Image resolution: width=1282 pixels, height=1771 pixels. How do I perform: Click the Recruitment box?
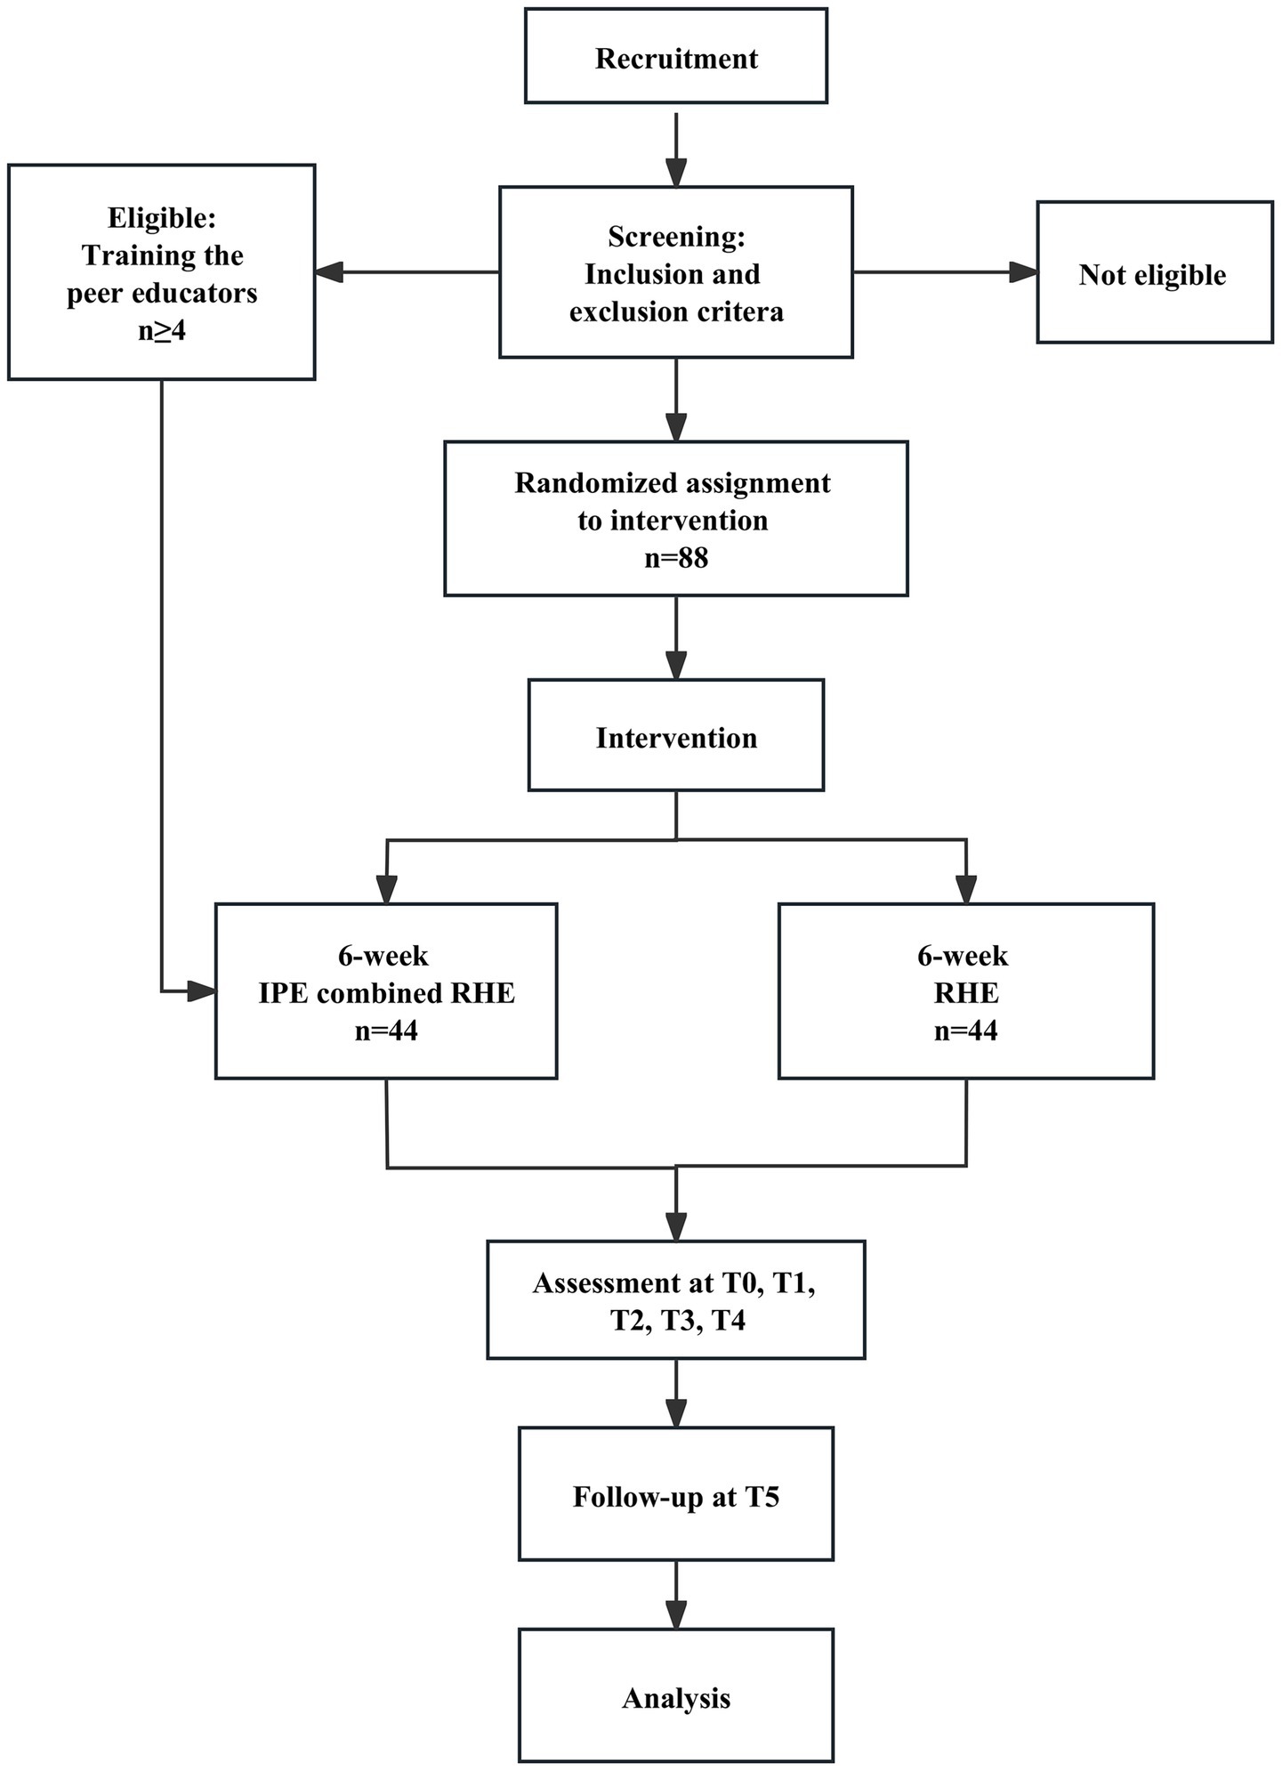coord(676,57)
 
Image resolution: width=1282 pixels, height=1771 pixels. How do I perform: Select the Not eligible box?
coord(1154,272)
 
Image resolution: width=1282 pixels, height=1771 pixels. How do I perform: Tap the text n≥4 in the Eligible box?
coord(162,331)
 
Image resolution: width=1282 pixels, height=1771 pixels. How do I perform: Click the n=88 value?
coord(676,558)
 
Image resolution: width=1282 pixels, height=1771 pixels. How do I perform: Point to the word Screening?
coord(676,237)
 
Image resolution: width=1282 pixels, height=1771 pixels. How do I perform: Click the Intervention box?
coord(676,735)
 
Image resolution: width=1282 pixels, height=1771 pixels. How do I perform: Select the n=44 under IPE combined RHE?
coord(386,1031)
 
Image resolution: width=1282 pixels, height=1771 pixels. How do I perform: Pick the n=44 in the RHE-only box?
coord(966,1031)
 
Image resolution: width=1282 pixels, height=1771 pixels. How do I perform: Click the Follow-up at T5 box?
coord(676,1496)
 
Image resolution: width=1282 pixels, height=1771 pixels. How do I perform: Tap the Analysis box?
coord(676,1698)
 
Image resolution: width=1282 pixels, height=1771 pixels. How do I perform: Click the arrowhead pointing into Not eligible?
coord(1024,272)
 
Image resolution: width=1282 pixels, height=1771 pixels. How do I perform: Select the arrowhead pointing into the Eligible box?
coord(329,272)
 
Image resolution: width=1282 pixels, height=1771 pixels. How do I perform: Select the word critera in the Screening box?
coord(740,312)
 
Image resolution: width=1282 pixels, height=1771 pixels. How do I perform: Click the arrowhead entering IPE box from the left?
coord(202,991)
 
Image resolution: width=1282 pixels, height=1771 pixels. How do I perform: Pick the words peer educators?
coord(162,294)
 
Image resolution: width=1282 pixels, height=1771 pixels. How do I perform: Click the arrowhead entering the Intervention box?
coord(677,666)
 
